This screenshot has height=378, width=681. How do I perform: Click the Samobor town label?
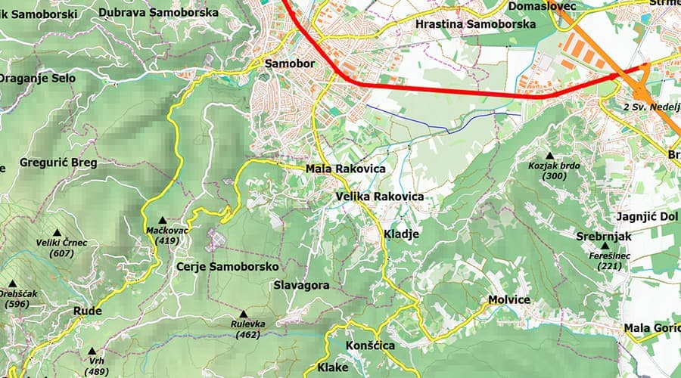point(289,64)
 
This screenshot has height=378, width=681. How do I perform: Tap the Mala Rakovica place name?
point(345,169)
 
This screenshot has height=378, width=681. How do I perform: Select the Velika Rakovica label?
point(380,197)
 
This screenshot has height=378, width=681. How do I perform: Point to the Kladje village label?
point(401,234)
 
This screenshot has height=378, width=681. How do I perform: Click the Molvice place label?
point(509,300)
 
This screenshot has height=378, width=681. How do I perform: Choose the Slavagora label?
point(300,286)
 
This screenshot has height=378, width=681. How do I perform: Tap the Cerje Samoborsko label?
point(227,267)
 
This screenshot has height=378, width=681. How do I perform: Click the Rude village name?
point(87,311)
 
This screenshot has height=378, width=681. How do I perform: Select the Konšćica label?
point(370,345)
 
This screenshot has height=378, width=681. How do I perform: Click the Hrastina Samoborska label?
point(476,24)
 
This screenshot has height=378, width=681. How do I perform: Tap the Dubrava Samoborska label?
point(158,13)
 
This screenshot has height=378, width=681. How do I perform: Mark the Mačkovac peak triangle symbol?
point(162,219)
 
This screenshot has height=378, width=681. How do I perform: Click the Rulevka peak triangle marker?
point(244,314)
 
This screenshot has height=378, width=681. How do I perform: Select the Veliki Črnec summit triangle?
point(57,232)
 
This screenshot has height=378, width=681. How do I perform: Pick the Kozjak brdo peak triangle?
point(550,155)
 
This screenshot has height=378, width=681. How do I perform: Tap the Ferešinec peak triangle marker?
point(605,246)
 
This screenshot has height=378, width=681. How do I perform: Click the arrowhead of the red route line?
point(616,76)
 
